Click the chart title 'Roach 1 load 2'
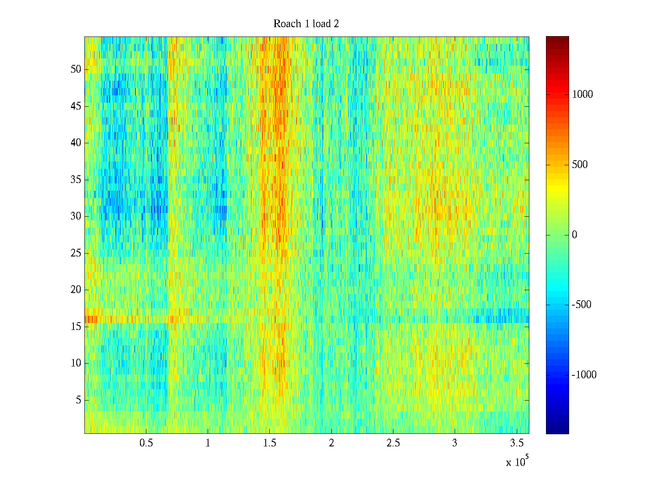pyautogui.click(x=306, y=24)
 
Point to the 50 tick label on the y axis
pyautogui.click(x=76, y=69)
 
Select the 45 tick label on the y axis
pyautogui.click(x=76, y=106)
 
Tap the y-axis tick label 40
pyautogui.click(x=76, y=143)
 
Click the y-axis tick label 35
pyautogui.click(x=76, y=180)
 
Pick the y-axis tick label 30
pyautogui.click(x=76, y=216)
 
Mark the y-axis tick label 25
pyautogui.click(x=76, y=253)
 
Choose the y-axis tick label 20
pyautogui.click(x=76, y=290)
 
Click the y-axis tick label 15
pyautogui.click(x=76, y=327)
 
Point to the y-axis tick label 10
pyautogui.click(x=76, y=363)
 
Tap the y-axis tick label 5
pyautogui.click(x=78, y=400)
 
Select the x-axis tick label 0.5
pyautogui.click(x=146, y=443)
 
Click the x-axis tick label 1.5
pyautogui.click(x=270, y=443)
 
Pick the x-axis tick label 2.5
pyautogui.click(x=393, y=443)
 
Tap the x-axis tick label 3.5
pyautogui.click(x=516, y=443)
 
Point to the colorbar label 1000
pyautogui.click(x=582, y=95)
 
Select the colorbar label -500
pyautogui.click(x=582, y=305)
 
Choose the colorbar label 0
pyautogui.click(x=574, y=235)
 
